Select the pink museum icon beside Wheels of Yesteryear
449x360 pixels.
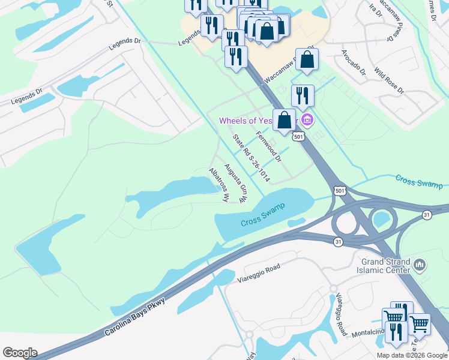point(308,120)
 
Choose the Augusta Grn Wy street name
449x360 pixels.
point(235,183)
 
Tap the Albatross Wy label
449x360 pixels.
point(219,185)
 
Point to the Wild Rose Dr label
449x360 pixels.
point(389,80)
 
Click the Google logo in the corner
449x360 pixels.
point(20,353)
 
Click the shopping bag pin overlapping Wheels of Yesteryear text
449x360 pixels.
point(285,119)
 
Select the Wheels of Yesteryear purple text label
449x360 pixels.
point(246,121)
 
